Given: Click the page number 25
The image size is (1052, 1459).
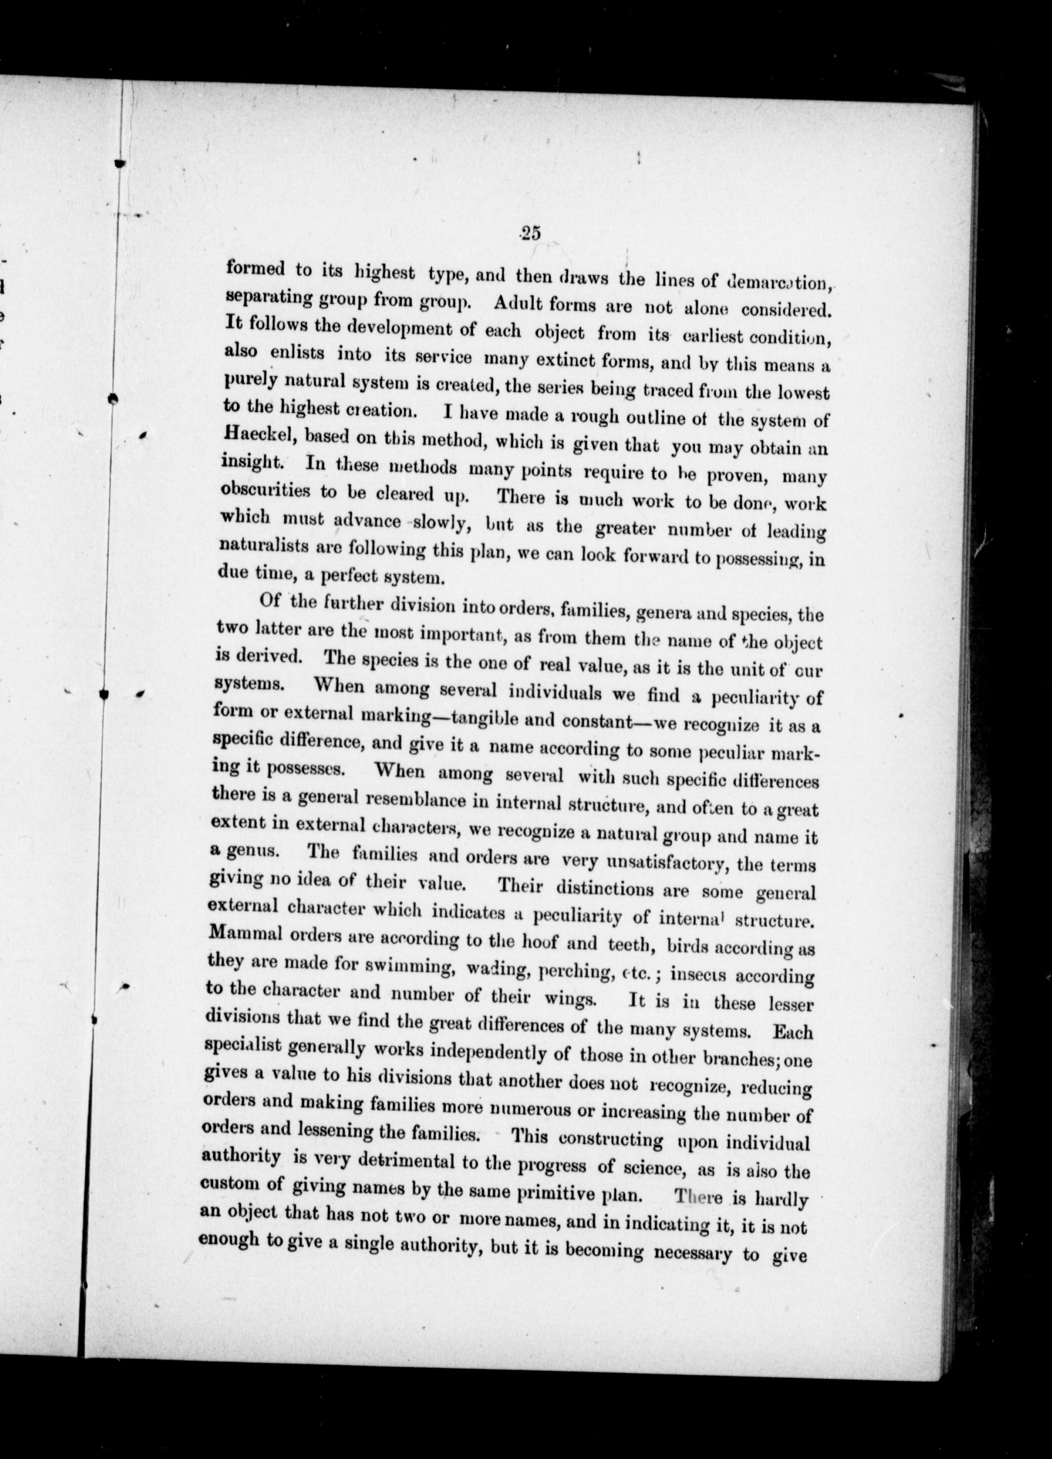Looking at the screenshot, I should click(531, 234).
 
